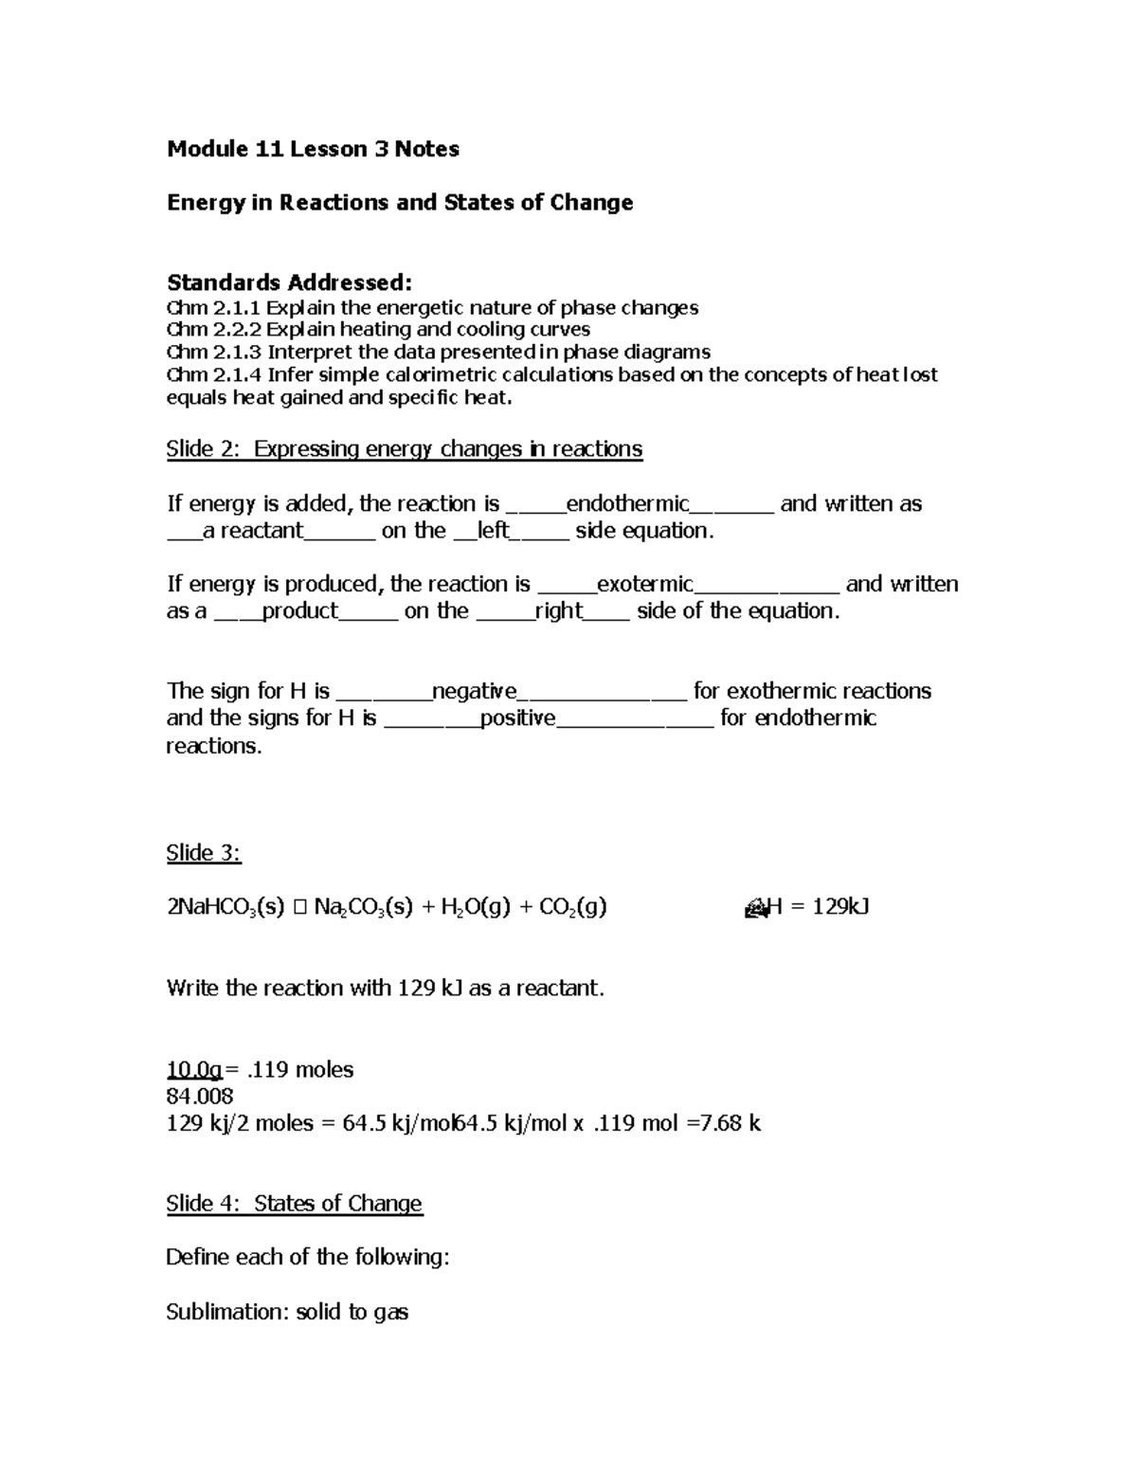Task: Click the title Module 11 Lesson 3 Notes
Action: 313,149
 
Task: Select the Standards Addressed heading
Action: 289,282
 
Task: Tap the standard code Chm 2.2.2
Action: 213,330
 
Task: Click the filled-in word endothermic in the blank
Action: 627,503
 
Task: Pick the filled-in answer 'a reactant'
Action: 253,531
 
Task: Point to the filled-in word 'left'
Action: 493,531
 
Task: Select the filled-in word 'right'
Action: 558,611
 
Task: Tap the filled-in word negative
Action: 474,691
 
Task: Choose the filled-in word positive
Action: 517,718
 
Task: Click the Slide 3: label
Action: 204,853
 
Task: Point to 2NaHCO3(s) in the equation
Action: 226,908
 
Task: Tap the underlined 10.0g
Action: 193,1070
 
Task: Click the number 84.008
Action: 200,1097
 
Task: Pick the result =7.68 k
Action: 724,1124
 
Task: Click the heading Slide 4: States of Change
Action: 294,1204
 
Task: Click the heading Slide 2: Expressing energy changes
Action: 404,449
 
